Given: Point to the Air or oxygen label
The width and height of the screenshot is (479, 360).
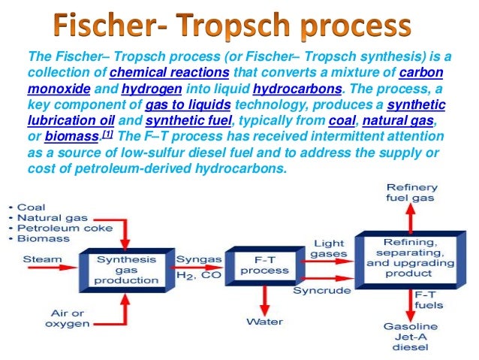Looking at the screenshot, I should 68,318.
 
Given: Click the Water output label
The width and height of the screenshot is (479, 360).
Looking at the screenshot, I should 265,322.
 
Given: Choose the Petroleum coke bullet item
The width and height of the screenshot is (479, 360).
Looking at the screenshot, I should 64,228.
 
